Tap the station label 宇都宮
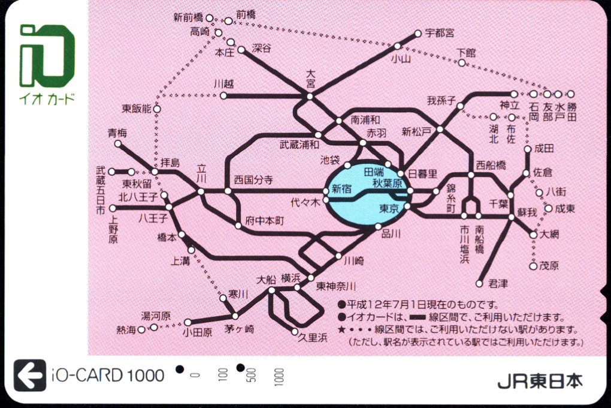click(x=439, y=33)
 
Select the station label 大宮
click(x=310, y=79)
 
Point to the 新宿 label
click(x=341, y=189)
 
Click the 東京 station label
click(x=389, y=208)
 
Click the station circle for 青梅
click(x=118, y=143)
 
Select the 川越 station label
click(x=223, y=85)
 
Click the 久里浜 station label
click(x=313, y=338)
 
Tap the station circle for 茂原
click(x=533, y=266)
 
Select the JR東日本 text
click(x=539, y=380)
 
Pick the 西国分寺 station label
click(x=253, y=179)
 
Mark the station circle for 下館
click(x=462, y=62)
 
